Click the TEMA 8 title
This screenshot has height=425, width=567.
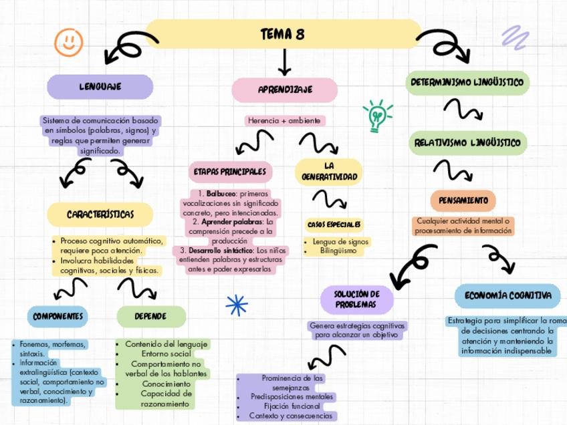click(x=283, y=34)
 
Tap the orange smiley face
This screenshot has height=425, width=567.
click(x=68, y=42)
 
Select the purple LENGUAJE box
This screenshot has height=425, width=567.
click(x=100, y=87)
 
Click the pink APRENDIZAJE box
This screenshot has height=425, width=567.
click(x=285, y=90)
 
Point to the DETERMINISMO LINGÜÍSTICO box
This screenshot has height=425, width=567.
click(x=467, y=83)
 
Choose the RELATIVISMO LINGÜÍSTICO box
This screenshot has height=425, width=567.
click(x=467, y=142)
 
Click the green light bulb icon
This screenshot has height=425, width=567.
click(x=377, y=116)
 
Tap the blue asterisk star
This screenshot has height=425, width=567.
click(x=237, y=305)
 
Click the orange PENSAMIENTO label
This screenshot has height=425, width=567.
click(x=463, y=200)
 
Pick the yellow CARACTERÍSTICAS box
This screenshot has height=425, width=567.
click(x=100, y=215)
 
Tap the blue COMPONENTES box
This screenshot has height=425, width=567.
click(x=58, y=316)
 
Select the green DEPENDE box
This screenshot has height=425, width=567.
click(x=150, y=316)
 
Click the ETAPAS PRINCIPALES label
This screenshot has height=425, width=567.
click(x=230, y=172)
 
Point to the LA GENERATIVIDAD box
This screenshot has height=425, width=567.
click(x=328, y=171)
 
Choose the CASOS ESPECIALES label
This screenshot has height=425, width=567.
click(x=334, y=224)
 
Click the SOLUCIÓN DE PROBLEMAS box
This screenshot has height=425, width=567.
click(x=356, y=299)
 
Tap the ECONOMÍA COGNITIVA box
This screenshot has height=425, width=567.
click(x=507, y=295)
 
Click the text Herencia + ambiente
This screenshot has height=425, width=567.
click(x=284, y=121)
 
